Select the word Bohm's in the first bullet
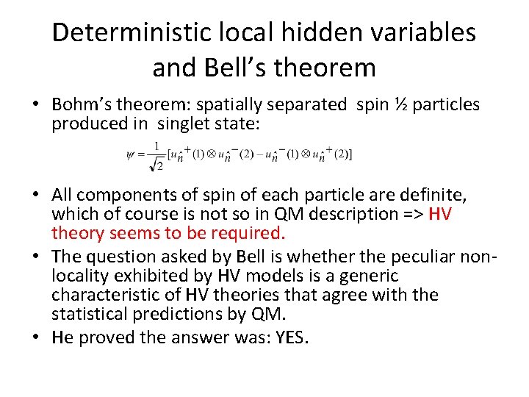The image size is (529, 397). [85, 104]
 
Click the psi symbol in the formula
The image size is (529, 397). [131, 154]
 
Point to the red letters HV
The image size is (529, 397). [439, 214]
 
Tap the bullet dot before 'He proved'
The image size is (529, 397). [37, 337]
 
